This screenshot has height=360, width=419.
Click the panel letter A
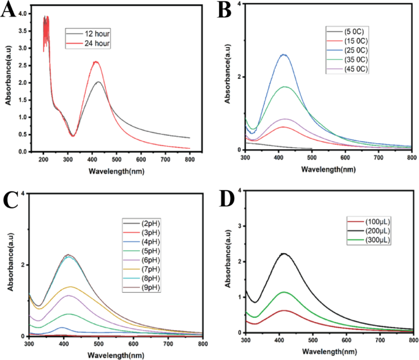(8, 11)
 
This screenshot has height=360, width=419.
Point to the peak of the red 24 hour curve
(95, 62)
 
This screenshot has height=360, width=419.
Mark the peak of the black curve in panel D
(283, 253)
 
